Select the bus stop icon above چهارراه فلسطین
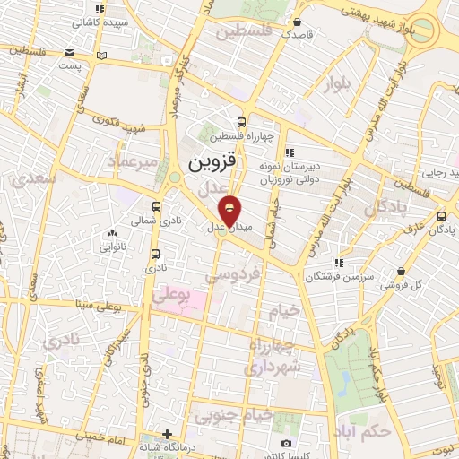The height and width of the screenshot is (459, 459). click(241, 122)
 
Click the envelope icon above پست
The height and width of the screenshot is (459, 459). click(101, 56)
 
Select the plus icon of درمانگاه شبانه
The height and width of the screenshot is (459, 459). click(167, 434)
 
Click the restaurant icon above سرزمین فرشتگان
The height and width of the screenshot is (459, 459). click(339, 263)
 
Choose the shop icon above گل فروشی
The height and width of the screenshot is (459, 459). click(401, 271)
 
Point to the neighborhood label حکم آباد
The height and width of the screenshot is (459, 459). click(362, 432)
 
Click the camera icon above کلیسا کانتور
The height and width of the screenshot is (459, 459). click(286, 443)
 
